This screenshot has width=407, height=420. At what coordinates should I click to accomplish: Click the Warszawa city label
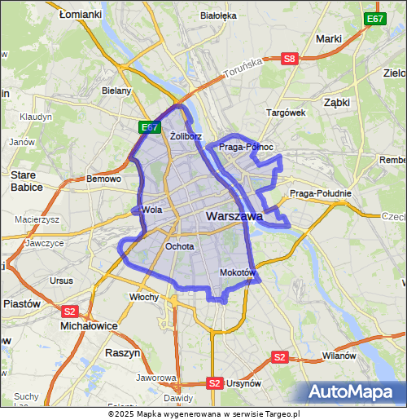(x=234, y=216)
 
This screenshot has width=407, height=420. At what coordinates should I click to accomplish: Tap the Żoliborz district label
(x=186, y=136)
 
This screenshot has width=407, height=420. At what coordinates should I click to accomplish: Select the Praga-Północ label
(x=247, y=147)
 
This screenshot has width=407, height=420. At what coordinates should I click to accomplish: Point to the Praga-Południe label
(x=320, y=193)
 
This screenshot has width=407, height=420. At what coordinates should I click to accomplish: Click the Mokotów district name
(x=238, y=272)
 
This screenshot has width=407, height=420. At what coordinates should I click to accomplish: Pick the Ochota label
(x=179, y=245)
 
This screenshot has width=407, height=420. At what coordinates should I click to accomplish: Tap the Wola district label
(x=152, y=210)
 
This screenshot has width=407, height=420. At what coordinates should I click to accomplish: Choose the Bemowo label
(x=103, y=179)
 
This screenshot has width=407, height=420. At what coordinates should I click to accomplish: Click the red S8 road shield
(x=290, y=58)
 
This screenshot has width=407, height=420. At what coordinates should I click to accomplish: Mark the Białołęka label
(x=217, y=15)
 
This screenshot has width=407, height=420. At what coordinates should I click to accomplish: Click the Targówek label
(x=285, y=113)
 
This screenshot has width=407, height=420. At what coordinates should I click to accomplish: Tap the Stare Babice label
(x=27, y=180)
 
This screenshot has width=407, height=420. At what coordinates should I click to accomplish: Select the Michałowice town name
(x=89, y=325)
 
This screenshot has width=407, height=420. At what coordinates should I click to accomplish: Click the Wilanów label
(x=339, y=356)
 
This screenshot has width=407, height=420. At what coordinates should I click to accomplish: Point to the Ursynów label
(x=243, y=382)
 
